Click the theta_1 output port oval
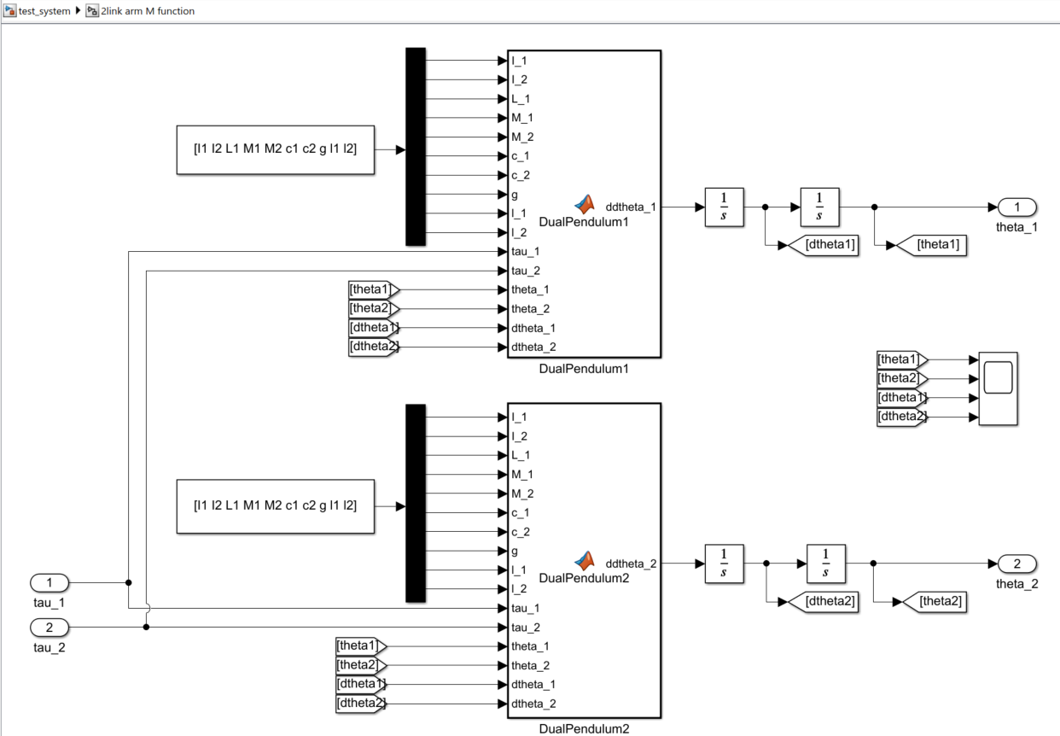[x=1017, y=207]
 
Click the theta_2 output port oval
[x=1017, y=564]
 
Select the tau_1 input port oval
[x=50, y=582]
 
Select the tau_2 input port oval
[x=50, y=628]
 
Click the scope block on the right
[x=998, y=388]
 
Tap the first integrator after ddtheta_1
[x=724, y=207]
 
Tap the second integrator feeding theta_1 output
[x=819, y=207]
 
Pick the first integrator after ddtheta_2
[x=724, y=564]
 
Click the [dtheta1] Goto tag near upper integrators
[x=824, y=245]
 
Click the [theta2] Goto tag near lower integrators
[x=935, y=602]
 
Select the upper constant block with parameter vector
[x=276, y=149]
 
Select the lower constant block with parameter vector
[x=276, y=506]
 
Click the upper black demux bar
[x=416, y=147]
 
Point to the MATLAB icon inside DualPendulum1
[x=585, y=204]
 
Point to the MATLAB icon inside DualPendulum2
[x=585, y=560]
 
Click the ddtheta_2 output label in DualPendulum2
[x=631, y=564]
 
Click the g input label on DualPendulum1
[x=515, y=195]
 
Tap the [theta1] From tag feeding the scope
[x=902, y=359]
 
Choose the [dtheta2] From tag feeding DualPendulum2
[x=361, y=704]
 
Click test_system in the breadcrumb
[x=44, y=11]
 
